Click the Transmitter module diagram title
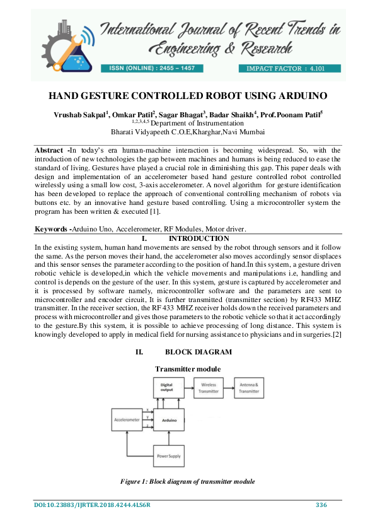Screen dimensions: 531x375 (x=187, y=368)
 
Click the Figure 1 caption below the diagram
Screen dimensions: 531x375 (x=187, y=482)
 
